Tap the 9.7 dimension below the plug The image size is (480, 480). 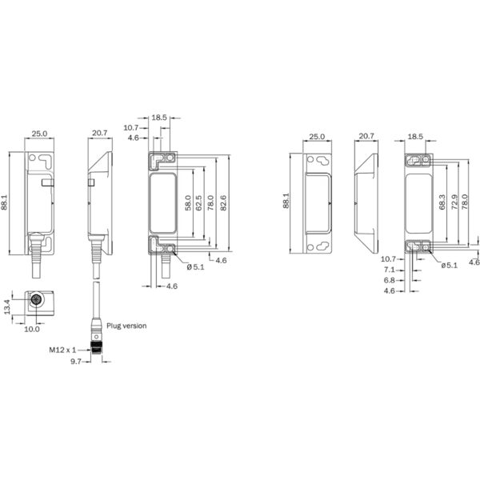pos(77,362)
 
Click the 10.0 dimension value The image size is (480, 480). pos(31,327)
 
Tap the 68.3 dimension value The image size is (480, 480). pos(442,202)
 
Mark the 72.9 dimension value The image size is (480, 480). pos(454,202)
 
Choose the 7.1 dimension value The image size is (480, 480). pos(389,270)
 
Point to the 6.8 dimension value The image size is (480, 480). pos(389,280)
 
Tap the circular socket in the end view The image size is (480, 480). pos(35,302)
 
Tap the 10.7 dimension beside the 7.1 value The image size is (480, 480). pos(389,259)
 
